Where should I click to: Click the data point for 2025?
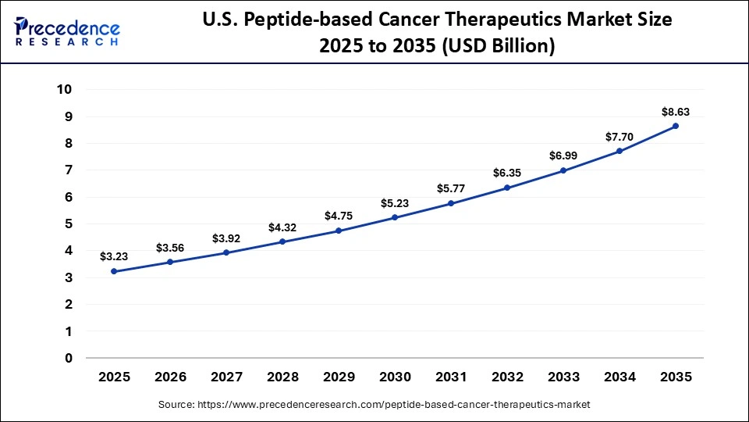tap(114, 271)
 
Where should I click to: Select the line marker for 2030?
tap(395, 217)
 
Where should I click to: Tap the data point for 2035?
tap(676, 126)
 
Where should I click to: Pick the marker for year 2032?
tap(507, 188)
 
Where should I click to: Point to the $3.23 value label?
tap(114, 256)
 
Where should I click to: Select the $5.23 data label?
tap(395, 202)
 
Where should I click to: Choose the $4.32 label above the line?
tap(282, 227)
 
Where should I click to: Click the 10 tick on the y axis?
tap(64, 90)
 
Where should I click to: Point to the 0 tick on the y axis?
tap(69, 358)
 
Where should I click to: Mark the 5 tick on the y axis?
tap(69, 224)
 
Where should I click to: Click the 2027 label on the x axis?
tap(226, 377)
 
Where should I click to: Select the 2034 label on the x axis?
tap(619, 377)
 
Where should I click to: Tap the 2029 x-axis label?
tap(339, 377)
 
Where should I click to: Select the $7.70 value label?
tap(619, 137)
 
